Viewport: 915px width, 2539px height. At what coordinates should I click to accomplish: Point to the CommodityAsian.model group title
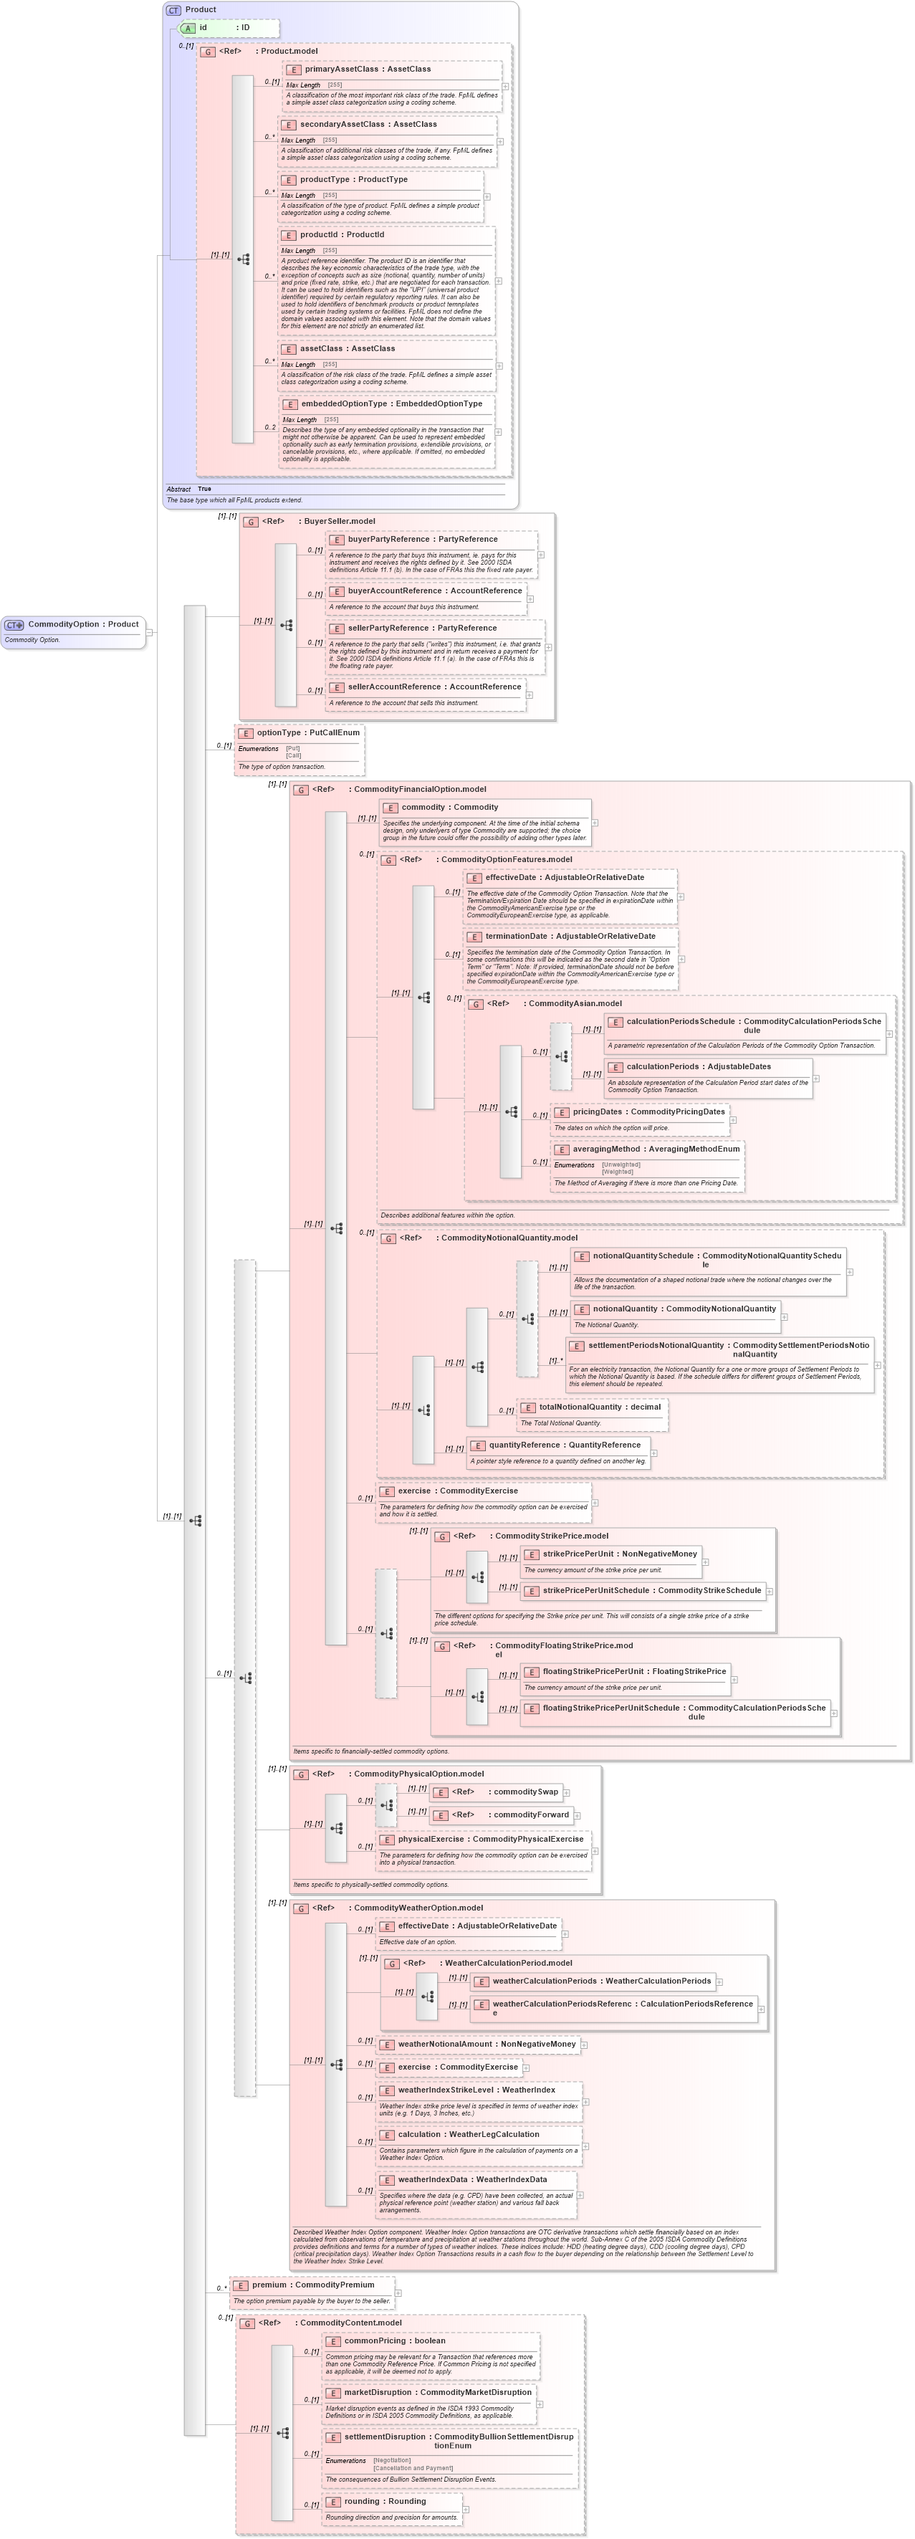click(574, 1003)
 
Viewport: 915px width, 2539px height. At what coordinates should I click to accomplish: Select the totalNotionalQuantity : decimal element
click(600, 1407)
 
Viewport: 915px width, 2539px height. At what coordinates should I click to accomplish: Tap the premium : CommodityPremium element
click(312, 2284)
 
